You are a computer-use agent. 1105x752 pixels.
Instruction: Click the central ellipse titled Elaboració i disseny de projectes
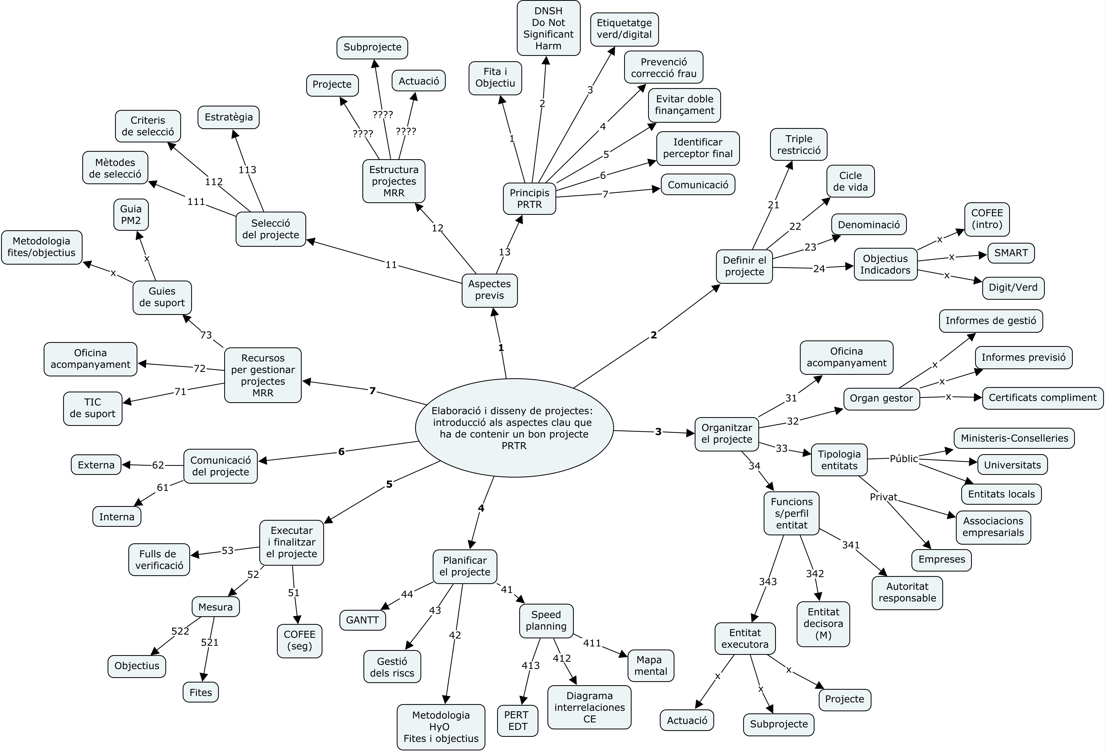tap(514, 428)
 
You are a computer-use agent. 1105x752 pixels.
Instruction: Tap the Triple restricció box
tap(799, 145)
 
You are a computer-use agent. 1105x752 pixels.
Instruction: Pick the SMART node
tap(1011, 253)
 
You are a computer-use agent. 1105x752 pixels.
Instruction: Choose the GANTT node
tap(362, 620)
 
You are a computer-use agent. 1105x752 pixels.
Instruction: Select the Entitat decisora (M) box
tap(823, 624)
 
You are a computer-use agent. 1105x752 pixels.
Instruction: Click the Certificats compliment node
tap(1042, 397)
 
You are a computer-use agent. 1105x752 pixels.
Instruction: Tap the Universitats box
tap(1012, 465)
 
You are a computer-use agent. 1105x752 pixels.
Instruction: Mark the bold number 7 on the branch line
tap(372, 391)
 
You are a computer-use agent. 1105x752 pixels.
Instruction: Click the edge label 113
tap(247, 170)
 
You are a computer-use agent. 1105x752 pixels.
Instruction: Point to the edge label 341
tap(851, 545)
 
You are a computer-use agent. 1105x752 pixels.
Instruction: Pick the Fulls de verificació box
tap(159, 560)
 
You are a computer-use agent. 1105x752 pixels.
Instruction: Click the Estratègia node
tap(229, 117)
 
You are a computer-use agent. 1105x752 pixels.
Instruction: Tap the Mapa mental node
tap(650, 665)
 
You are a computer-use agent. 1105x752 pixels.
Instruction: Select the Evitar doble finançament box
tap(684, 105)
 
